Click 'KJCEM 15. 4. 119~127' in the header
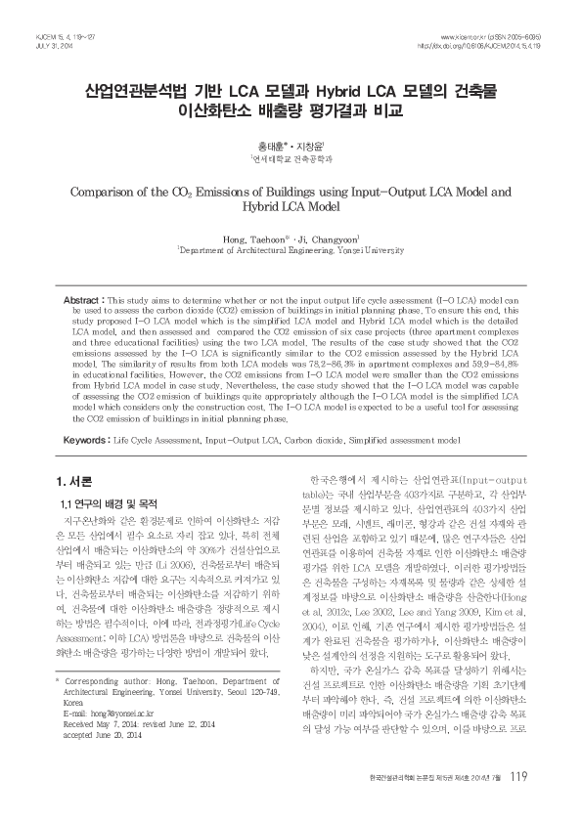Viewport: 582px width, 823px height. coord(50,36)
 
